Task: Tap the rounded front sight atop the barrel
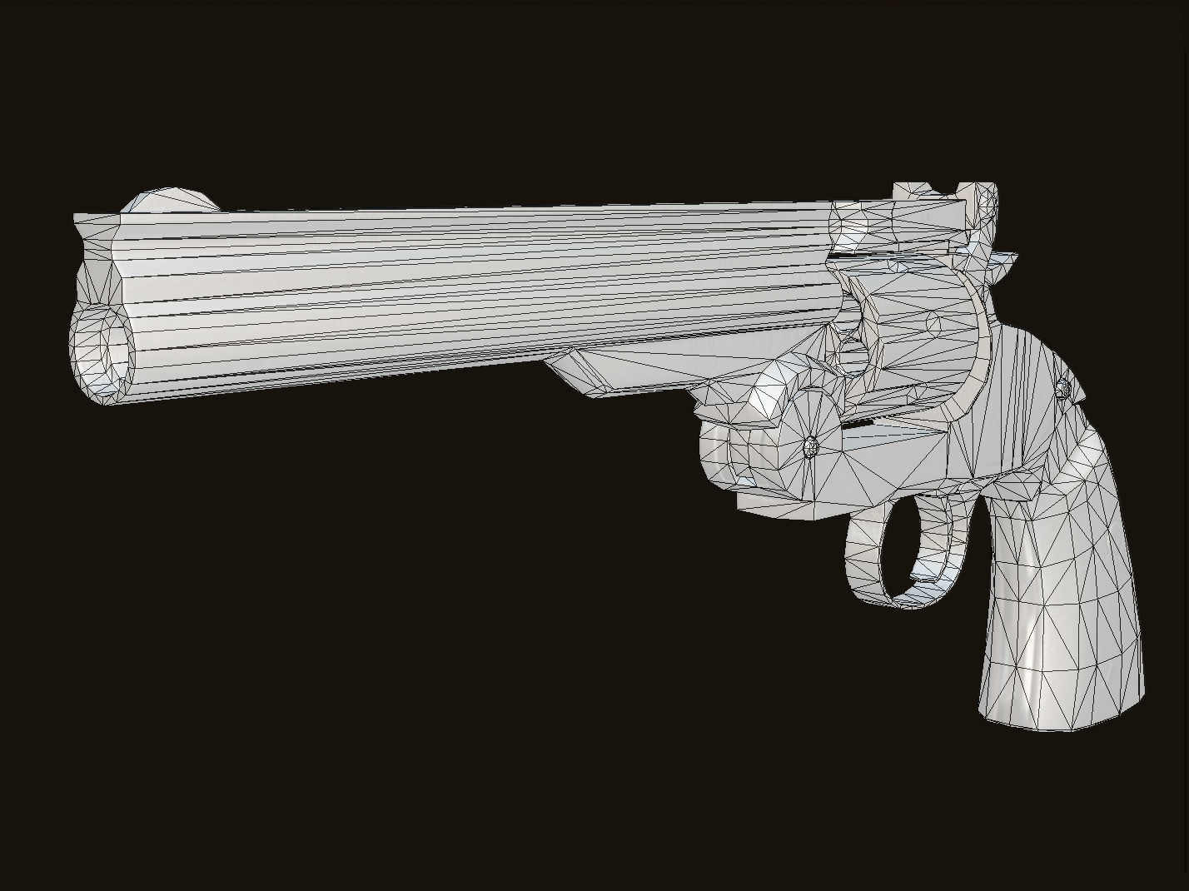click(171, 201)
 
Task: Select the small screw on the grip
click(1063, 388)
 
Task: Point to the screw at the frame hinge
click(811, 446)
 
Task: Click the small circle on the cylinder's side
click(933, 323)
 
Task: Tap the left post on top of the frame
click(906, 191)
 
